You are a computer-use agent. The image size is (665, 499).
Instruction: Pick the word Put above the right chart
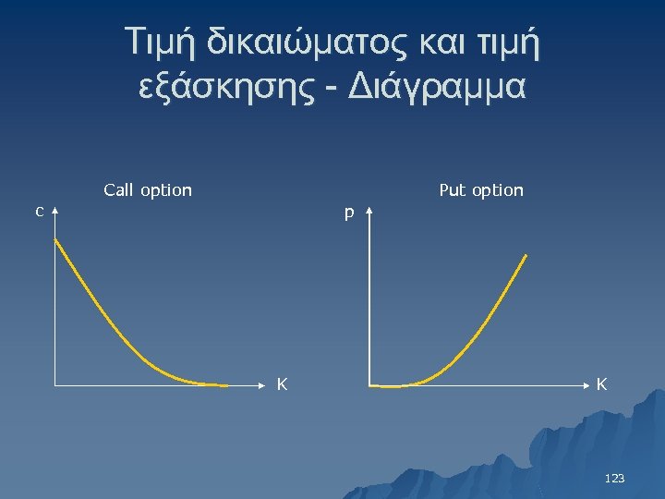(x=453, y=190)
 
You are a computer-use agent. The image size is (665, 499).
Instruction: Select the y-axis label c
(x=38, y=211)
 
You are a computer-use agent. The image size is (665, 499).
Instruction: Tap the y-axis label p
(x=349, y=213)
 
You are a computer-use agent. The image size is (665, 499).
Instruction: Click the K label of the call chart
(x=284, y=384)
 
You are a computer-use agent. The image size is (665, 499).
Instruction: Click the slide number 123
(x=614, y=478)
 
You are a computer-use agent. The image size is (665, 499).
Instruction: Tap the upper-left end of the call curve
(x=55, y=240)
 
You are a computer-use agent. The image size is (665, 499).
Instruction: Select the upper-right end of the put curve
(x=526, y=255)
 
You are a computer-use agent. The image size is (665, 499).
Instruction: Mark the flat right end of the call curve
(x=224, y=383)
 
